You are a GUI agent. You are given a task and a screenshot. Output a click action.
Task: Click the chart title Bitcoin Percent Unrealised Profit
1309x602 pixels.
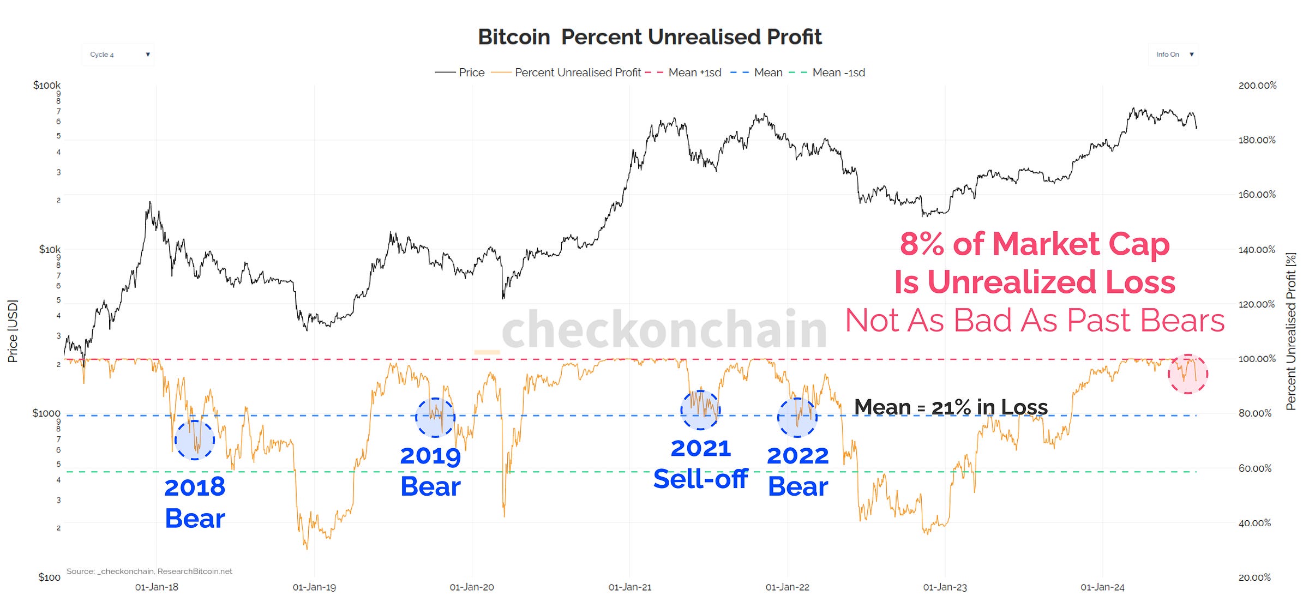(x=650, y=37)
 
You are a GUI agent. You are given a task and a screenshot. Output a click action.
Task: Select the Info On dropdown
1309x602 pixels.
(x=1173, y=55)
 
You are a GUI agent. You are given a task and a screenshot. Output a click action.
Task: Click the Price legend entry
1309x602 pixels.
(x=460, y=73)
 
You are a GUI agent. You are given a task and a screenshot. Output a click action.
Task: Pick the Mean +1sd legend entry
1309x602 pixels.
(x=683, y=73)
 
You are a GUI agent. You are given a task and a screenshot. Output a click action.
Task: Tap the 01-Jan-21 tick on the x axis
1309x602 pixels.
(x=629, y=587)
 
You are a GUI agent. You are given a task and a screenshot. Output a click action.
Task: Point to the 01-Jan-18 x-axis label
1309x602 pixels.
(x=157, y=587)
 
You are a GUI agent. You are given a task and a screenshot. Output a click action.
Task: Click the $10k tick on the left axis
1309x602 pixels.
(x=50, y=249)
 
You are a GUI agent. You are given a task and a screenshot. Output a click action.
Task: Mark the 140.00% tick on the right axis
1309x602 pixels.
(x=1257, y=250)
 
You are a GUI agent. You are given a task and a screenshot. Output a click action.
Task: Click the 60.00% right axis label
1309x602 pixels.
(x=1254, y=468)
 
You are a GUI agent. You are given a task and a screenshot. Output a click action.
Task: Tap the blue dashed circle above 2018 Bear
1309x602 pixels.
(x=195, y=440)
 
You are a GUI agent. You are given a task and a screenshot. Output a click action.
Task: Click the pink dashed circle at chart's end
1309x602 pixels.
(x=1188, y=374)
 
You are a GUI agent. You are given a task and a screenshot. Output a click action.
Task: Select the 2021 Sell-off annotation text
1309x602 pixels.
(x=700, y=463)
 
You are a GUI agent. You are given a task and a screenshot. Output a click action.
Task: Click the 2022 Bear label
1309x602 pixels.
(x=797, y=471)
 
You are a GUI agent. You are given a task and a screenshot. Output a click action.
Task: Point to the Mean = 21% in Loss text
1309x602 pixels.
(x=951, y=407)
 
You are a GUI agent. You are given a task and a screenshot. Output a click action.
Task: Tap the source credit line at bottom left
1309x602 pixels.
(x=149, y=571)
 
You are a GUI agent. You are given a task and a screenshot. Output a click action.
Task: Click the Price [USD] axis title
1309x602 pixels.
(x=13, y=331)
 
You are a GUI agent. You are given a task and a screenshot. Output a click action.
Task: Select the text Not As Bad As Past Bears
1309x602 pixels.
(x=1035, y=320)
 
